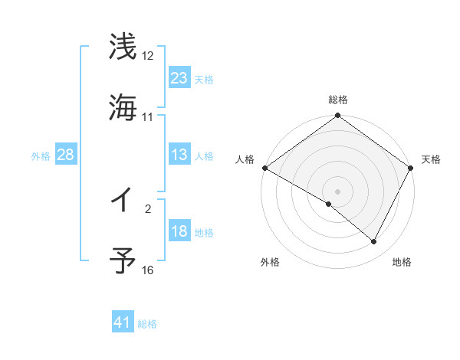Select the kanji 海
123,107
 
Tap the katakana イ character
122,201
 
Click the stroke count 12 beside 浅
148,56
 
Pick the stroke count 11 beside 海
148,117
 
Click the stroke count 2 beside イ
148,208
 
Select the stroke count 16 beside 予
148,270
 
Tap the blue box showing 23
179,78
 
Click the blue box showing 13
179,155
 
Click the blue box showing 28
66,155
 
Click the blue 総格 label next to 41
147,324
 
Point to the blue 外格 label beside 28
41,155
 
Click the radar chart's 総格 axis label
337,100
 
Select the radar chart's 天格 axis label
432,159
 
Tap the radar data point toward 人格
264,168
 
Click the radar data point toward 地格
374,242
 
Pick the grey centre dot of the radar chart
337,191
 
